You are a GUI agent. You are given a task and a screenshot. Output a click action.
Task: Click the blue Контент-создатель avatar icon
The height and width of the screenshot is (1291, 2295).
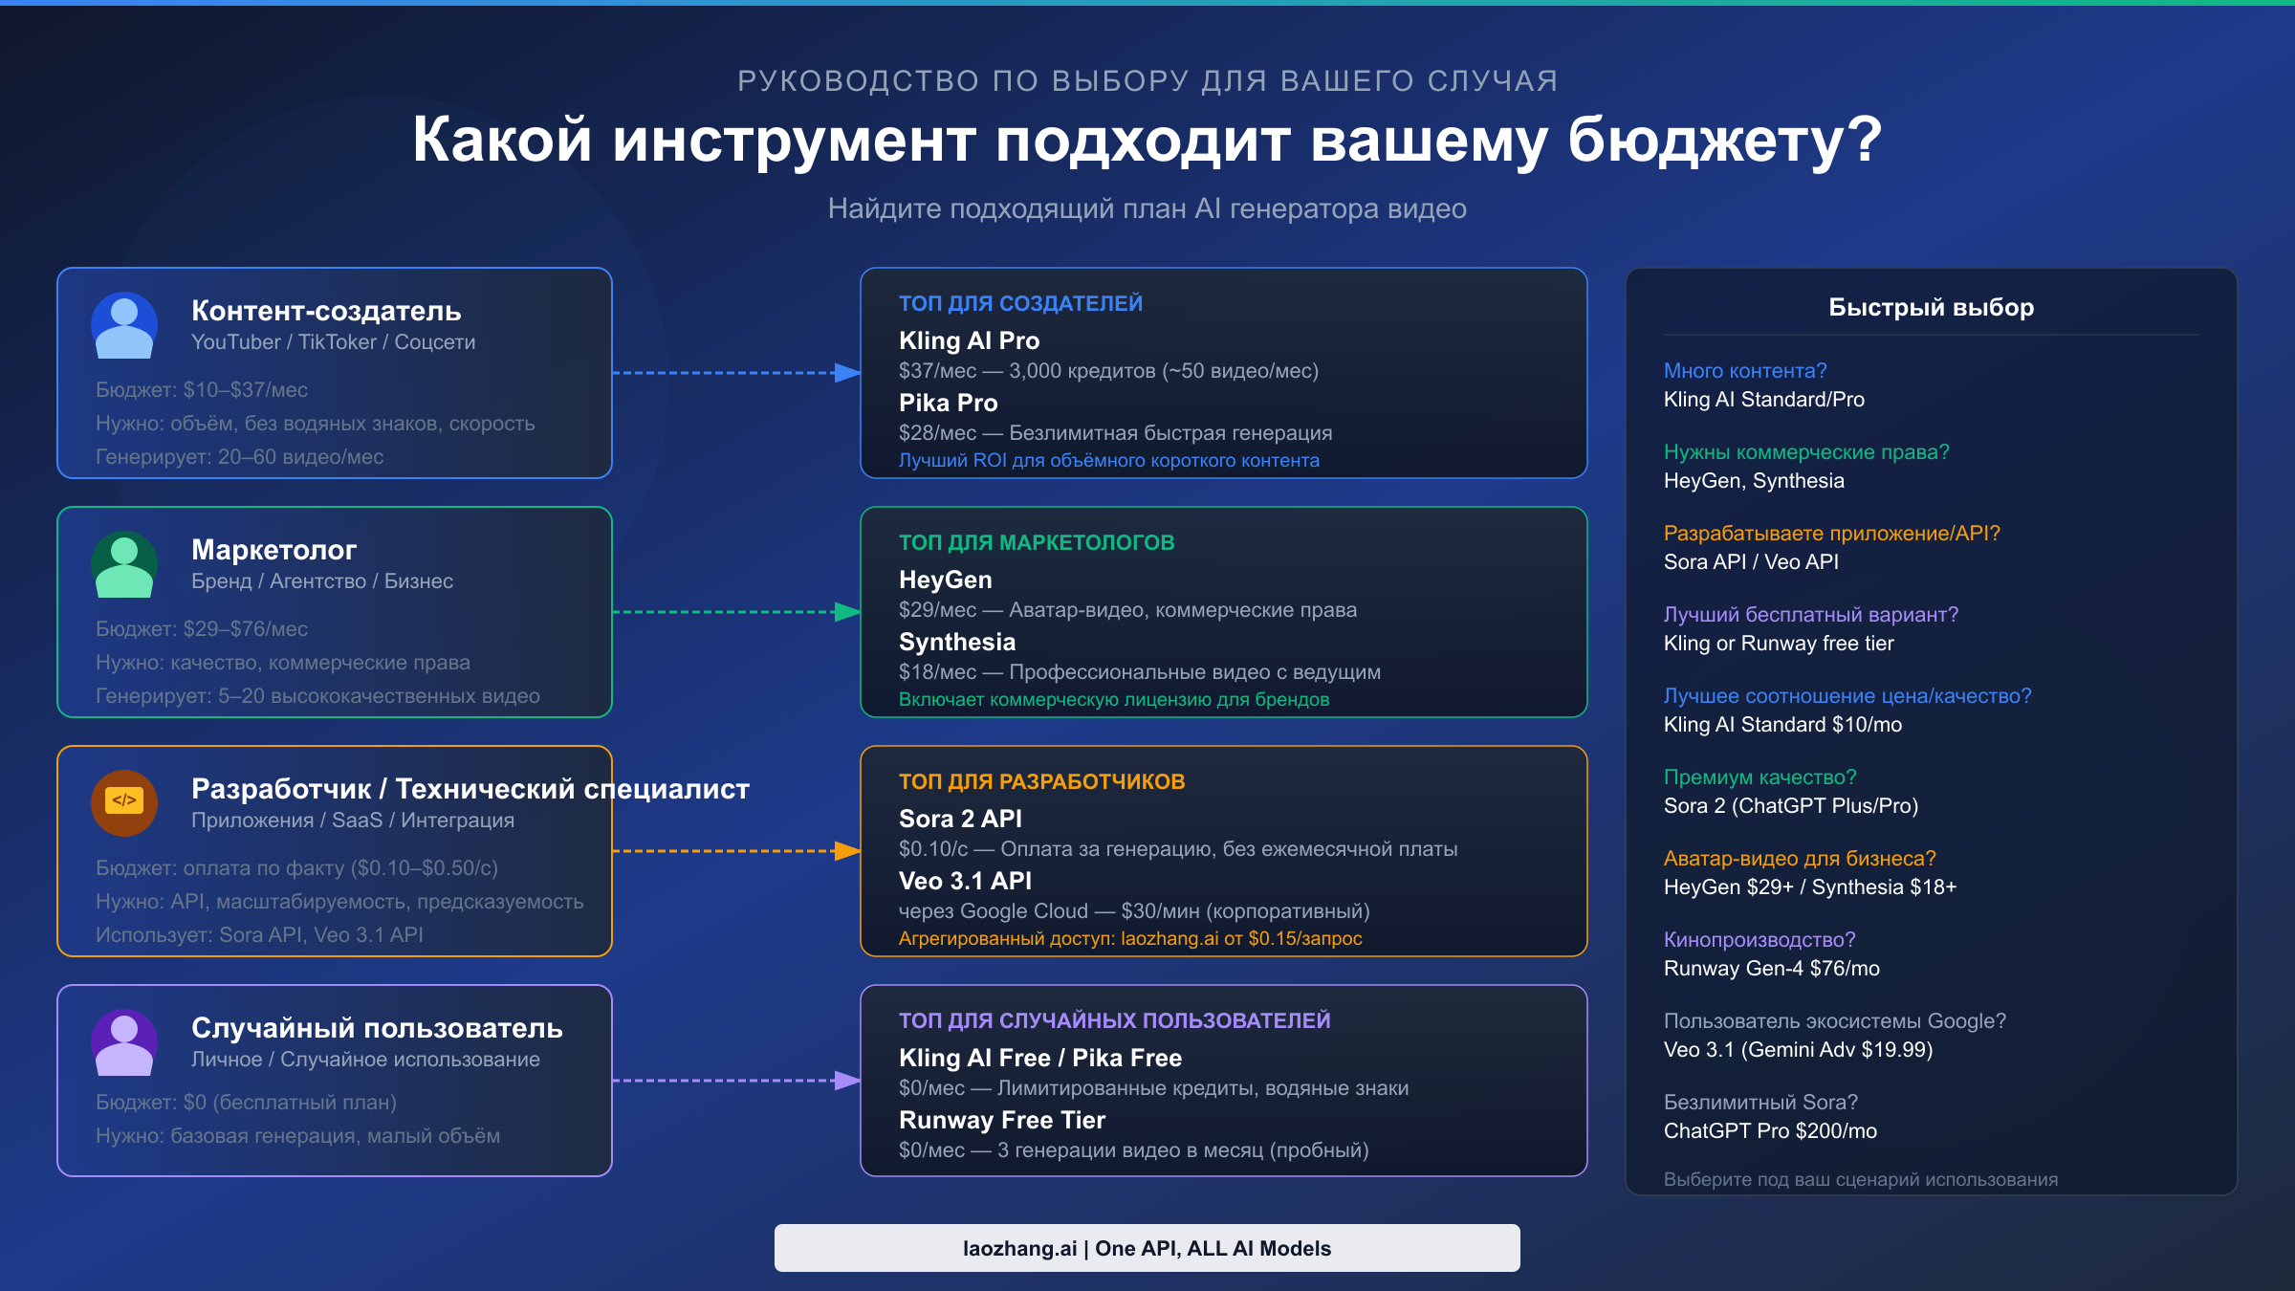(124, 325)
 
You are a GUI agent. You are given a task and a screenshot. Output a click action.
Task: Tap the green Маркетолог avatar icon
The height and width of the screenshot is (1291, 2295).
(124, 564)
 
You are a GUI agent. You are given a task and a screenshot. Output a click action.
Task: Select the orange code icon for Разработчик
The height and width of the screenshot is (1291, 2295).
(124, 801)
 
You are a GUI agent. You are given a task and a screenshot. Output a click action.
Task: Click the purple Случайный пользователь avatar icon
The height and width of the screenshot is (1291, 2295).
(124, 1042)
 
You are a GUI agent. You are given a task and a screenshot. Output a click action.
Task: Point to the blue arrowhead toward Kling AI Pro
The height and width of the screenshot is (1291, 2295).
(847, 373)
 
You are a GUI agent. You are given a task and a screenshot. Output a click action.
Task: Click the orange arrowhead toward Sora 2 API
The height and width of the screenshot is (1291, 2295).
(847, 851)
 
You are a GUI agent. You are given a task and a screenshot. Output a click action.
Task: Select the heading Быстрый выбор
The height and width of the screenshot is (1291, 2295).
(1931, 307)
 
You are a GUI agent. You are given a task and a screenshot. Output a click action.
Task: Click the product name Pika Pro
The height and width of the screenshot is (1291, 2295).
(948, 403)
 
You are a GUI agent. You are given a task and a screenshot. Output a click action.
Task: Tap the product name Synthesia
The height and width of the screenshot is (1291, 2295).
(957, 642)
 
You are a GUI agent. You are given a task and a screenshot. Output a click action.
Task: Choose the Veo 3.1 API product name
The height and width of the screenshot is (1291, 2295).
(965, 881)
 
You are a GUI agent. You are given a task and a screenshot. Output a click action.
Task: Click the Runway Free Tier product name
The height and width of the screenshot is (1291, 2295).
(1002, 1120)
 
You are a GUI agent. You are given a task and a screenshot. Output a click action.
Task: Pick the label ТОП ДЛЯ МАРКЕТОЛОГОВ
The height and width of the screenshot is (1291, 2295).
(1037, 542)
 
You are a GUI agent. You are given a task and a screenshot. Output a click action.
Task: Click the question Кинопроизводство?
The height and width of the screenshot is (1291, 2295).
(1759, 939)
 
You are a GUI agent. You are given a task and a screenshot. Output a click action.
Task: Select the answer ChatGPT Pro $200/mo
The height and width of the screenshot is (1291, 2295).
(1770, 1130)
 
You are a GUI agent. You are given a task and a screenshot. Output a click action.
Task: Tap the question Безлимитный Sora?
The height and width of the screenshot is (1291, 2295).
(1760, 1102)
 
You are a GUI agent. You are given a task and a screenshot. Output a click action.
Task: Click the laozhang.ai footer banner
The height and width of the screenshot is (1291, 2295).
(1147, 1248)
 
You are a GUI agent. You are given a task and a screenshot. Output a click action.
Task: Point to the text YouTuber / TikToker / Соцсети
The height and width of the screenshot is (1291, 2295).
(333, 341)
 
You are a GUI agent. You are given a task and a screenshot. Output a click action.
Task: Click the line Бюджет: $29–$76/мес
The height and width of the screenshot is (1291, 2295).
(202, 628)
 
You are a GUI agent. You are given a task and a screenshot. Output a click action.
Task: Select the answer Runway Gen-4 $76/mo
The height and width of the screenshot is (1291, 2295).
(1771, 968)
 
